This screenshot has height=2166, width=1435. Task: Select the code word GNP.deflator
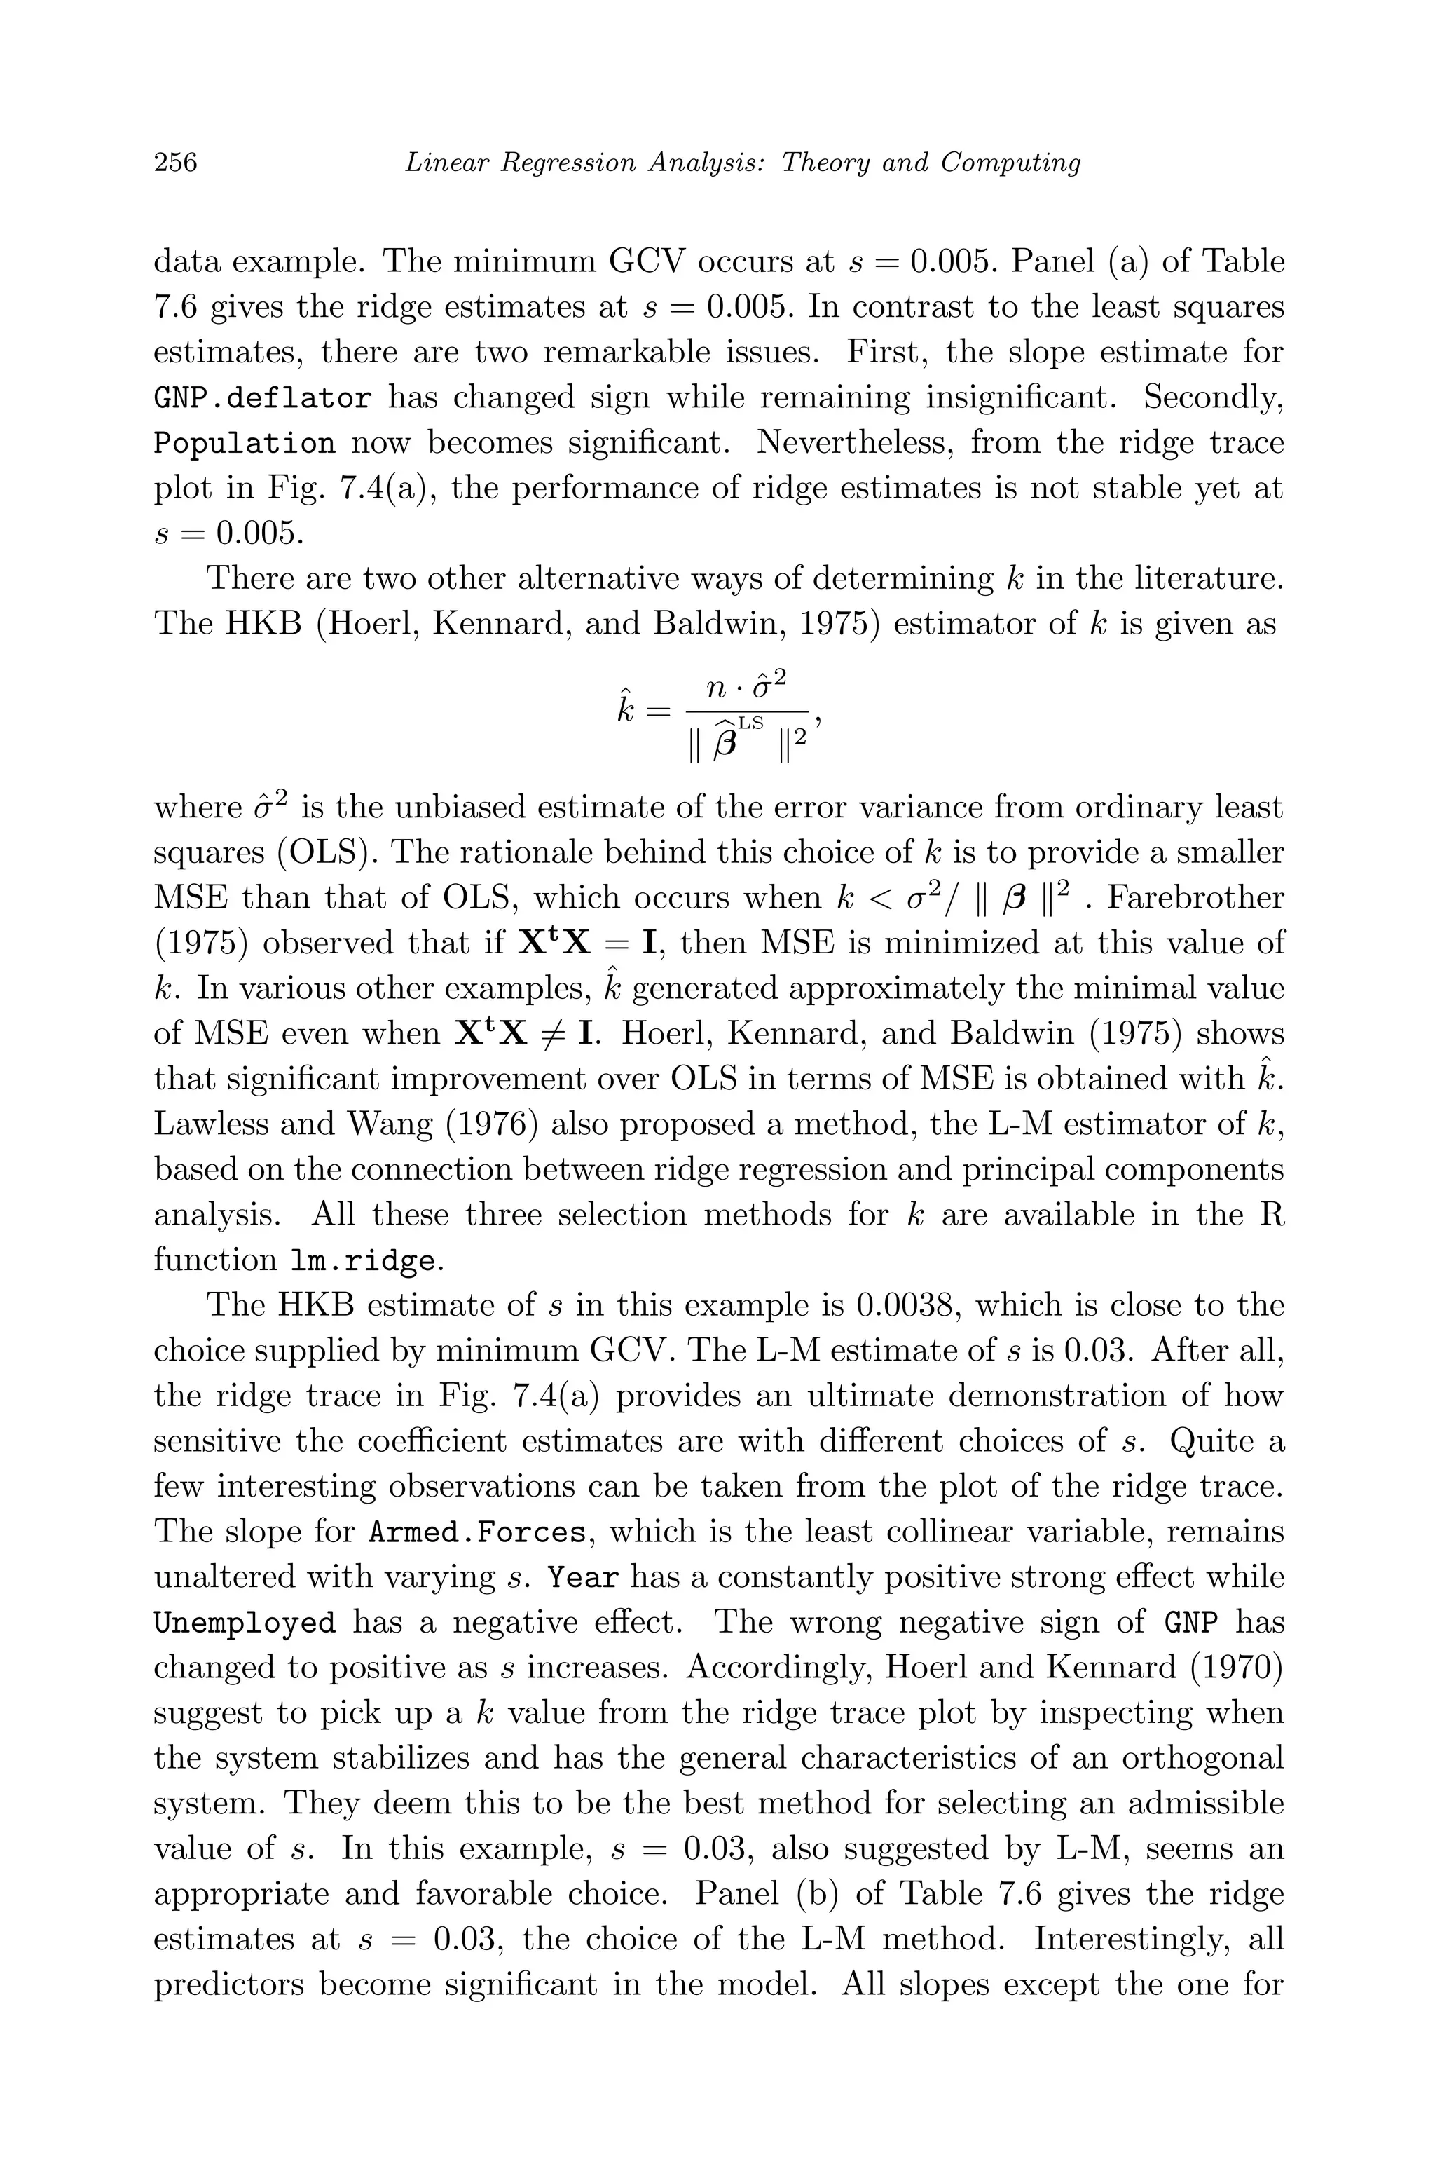click(x=262, y=399)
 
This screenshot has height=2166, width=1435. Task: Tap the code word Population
click(x=243, y=444)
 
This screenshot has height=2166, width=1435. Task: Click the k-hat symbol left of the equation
click(x=625, y=709)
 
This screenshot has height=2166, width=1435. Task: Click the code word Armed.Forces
click(x=476, y=1532)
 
